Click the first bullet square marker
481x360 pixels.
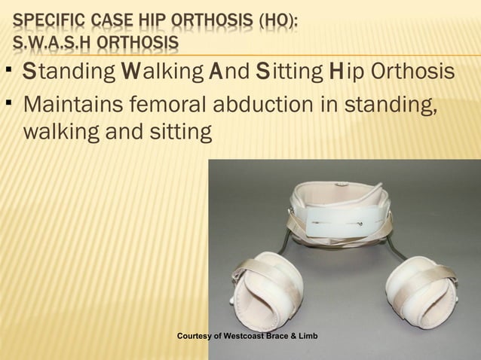(6, 72)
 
